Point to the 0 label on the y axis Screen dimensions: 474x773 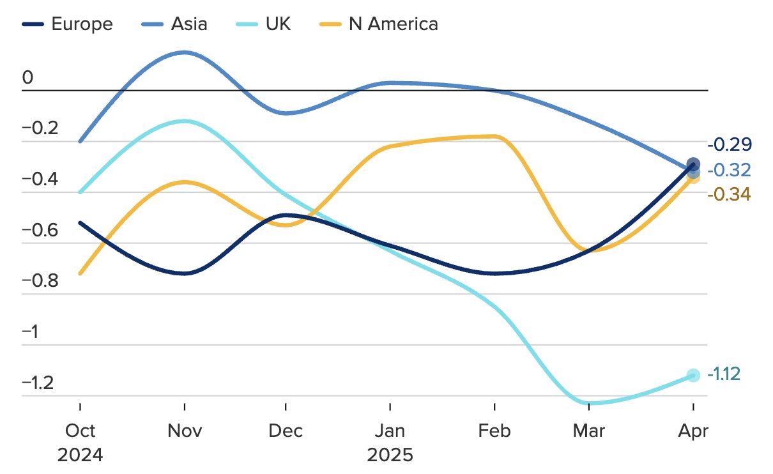27,78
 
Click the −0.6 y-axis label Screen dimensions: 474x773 40,230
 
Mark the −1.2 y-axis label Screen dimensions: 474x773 40,383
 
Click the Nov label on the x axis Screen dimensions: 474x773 185,431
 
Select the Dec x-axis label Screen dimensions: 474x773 286,431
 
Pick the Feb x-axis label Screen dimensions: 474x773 495,431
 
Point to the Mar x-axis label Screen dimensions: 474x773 589,431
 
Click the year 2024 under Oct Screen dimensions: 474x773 80,455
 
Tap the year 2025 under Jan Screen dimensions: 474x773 390,455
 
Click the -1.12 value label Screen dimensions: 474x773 724,374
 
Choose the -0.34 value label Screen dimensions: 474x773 730,194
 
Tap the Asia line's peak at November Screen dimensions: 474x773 185,52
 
